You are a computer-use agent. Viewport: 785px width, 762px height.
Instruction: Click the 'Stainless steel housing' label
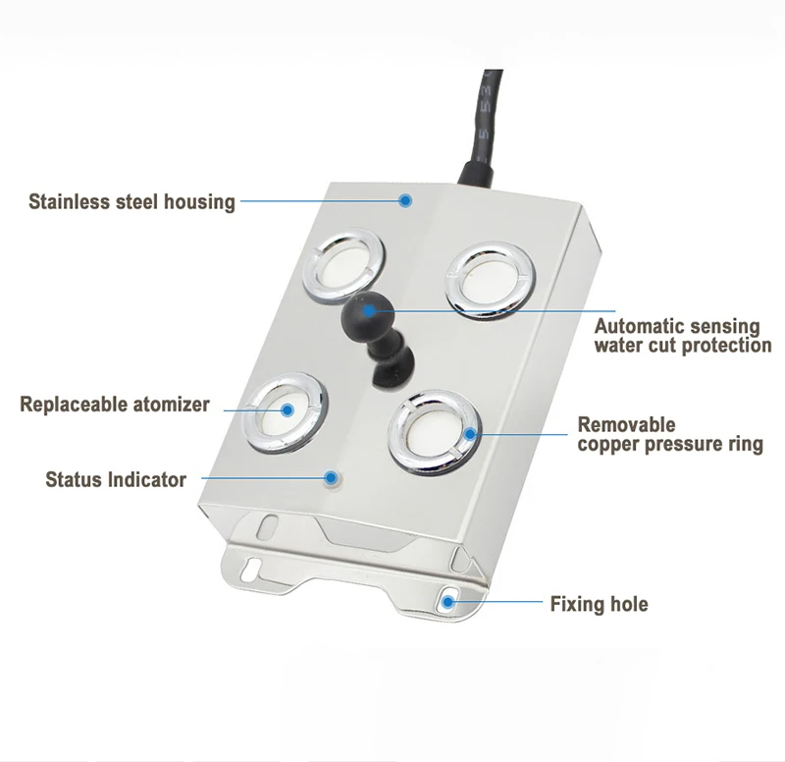pyautogui.click(x=131, y=202)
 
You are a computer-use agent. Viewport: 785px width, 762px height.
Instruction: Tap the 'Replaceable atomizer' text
pyautogui.click(x=115, y=405)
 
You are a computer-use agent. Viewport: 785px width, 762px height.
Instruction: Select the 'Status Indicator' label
pyautogui.click(x=116, y=479)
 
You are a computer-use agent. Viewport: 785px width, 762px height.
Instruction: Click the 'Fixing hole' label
pyautogui.click(x=599, y=604)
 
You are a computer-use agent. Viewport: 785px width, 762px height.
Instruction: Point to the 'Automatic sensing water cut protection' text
pyautogui.click(x=683, y=336)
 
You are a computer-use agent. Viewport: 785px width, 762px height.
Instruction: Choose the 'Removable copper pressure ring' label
pyautogui.click(x=670, y=434)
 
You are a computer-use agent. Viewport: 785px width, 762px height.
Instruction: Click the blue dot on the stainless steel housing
pyautogui.click(x=405, y=201)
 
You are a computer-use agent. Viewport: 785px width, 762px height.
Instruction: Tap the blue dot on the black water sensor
pyautogui.click(x=369, y=311)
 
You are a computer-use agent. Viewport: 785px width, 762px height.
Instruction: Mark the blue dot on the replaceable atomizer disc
pyautogui.click(x=287, y=410)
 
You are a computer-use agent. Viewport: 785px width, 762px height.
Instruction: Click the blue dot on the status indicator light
pyautogui.click(x=331, y=477)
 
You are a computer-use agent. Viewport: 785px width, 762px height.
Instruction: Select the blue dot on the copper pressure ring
pyautogui.click(x=470, y=434)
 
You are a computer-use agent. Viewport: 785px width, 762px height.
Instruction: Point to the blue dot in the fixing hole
pyautogui.click(x=448, y=601)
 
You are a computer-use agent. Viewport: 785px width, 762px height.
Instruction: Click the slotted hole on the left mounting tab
pyautogui.click(x=250, y=569)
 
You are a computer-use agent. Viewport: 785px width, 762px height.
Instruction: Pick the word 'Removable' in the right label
pyautogui.click(x=626, y=425)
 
